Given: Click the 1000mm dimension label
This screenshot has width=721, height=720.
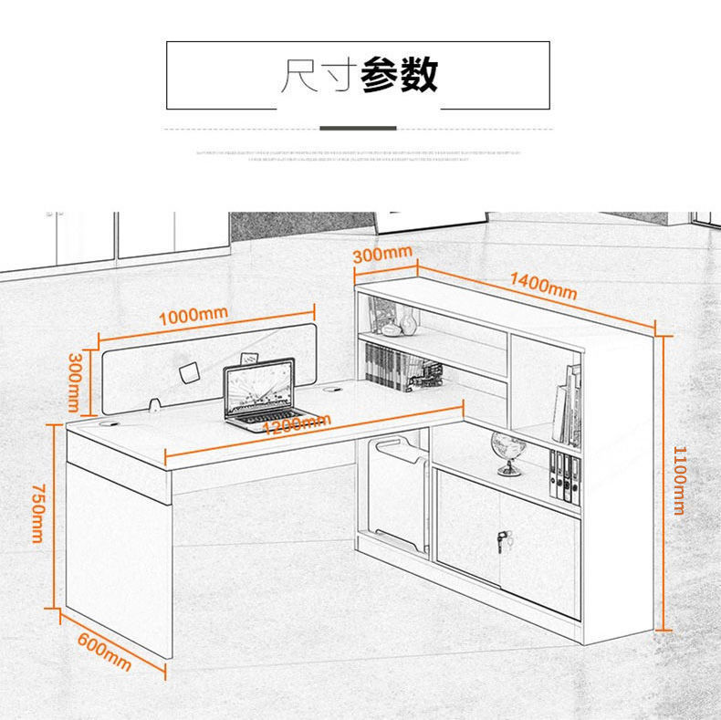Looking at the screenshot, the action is click(x=193, y=316).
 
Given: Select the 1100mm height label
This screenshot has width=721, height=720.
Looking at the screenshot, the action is click(x=678, y=480).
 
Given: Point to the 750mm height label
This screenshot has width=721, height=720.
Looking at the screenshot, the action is click(x=37, y=514).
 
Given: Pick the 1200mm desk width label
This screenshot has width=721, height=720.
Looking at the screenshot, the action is click(x=295, y=425).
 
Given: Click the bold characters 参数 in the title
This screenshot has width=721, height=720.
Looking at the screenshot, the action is click(x=400, y=75).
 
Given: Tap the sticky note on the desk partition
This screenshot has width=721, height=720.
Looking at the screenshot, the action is click(x=189, y=372).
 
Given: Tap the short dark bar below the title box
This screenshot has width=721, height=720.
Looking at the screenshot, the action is click(x=358, y=128).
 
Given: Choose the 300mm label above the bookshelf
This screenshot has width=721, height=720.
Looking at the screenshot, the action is click(x=382, y=255).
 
